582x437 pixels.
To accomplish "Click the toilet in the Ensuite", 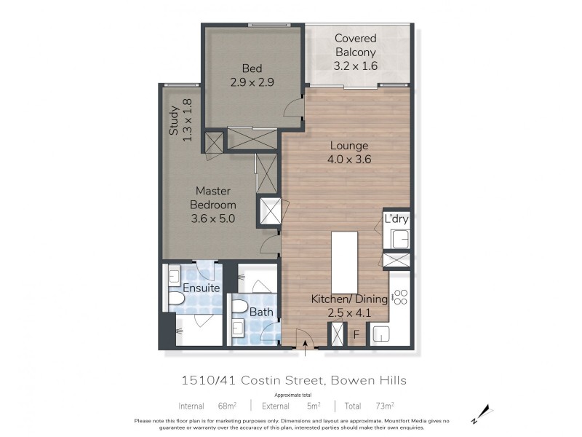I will click(177, 301).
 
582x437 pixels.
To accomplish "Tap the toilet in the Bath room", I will click(239, 307).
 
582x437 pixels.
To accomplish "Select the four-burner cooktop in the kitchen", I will click(399, 296).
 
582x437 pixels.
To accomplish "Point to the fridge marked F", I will click(356, 335).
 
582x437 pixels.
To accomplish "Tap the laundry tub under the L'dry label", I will click(399, 239).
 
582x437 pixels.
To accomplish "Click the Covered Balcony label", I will click(355, 45).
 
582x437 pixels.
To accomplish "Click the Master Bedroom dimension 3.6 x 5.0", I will click(212, 217).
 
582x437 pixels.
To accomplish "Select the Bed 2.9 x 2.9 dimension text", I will click(252, 82).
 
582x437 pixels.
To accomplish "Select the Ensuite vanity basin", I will click(175, 276).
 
